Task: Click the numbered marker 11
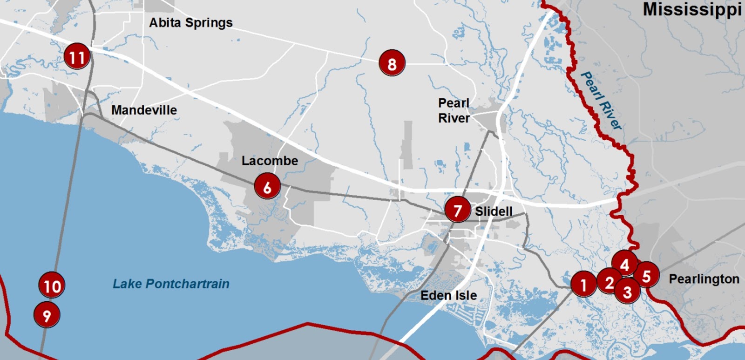(77, 56)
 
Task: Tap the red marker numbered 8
(392, 63)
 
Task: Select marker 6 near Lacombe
(267, 186)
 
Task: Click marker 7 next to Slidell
(457, 210)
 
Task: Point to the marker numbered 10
(52, 285)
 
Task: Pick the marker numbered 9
(47, 315)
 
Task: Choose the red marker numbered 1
(583, 284)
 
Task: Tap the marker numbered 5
(646, 275)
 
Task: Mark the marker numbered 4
(625, 264)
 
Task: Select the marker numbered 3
(627, 292)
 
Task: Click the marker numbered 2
(609, 281)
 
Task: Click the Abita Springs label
(191, 22)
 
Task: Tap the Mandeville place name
(144, 110)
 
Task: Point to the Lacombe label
(270, 161)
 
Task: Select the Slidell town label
(494, 211)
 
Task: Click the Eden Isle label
(448, 295)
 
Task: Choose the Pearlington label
(704, 279)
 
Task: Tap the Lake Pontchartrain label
(171, 284)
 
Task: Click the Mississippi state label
(692, 10)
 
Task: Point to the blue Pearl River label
(602, 101)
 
